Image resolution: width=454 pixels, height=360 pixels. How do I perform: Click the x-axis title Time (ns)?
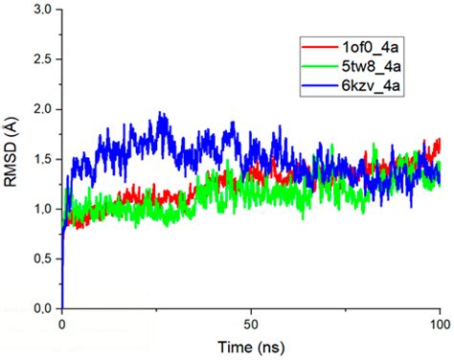[249, 346]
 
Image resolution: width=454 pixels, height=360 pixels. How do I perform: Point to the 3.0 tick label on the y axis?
[41, 11]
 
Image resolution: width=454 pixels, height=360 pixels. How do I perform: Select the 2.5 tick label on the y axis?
[41, 60]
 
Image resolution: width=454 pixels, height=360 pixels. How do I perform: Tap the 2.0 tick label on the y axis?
[41, 110]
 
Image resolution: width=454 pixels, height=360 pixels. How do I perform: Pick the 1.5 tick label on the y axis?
[41, 160]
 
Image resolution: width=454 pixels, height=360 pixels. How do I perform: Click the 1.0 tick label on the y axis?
[41, 210]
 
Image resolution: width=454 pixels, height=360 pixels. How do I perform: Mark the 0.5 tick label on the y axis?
[41, 259]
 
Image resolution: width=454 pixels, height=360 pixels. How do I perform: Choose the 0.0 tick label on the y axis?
[41, 309]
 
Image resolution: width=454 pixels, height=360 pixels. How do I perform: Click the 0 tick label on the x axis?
[62, 324]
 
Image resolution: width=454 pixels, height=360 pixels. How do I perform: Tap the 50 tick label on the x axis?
[251, 324]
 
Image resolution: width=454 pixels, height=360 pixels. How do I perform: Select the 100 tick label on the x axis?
[439, 324]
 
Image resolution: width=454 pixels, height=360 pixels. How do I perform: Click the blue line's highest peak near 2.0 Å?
[162, 113]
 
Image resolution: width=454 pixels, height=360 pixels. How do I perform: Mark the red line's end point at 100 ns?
[440, 142]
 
